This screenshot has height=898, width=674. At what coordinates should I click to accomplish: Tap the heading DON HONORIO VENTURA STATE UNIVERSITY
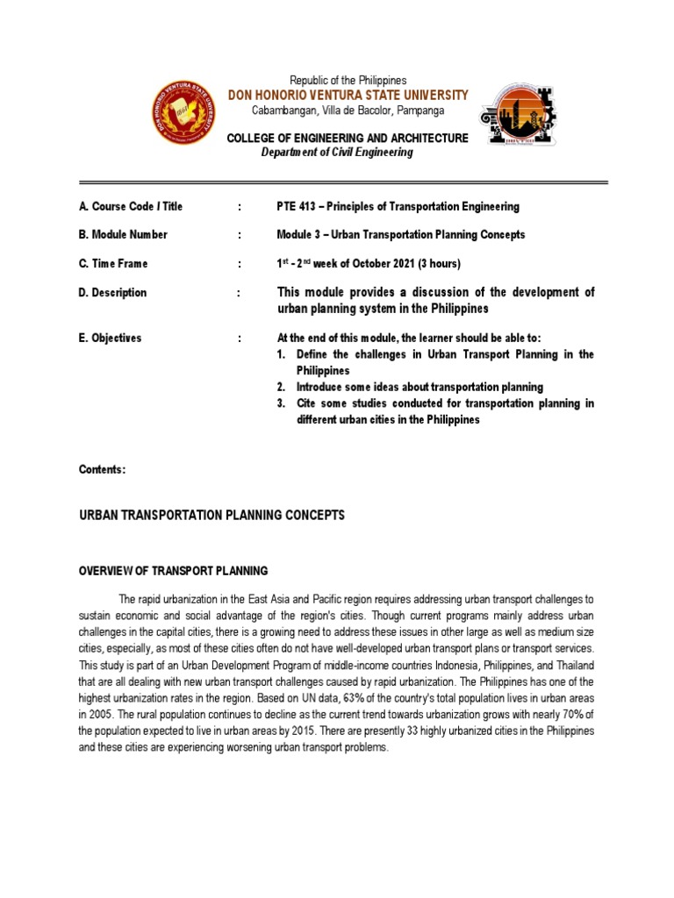click(x=348, y=95)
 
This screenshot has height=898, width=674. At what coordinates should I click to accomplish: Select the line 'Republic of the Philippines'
click(x=348, y=80)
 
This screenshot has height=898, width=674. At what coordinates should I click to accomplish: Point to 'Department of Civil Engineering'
click(x=337, y=153)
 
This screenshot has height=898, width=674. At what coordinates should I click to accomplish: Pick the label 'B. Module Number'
click(x=123, y=235)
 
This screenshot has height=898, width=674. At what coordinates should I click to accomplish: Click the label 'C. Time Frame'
click(x=113, y=264)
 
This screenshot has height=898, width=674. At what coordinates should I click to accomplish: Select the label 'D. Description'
click(x=113, y=293)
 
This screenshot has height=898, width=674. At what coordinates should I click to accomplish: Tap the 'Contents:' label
click(x=103, y=470)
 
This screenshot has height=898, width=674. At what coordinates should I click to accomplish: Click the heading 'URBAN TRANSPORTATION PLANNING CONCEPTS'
click(x=212, y=516)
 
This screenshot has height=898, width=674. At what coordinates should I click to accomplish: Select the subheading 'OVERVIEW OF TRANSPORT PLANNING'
click(x=173, y=571)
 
